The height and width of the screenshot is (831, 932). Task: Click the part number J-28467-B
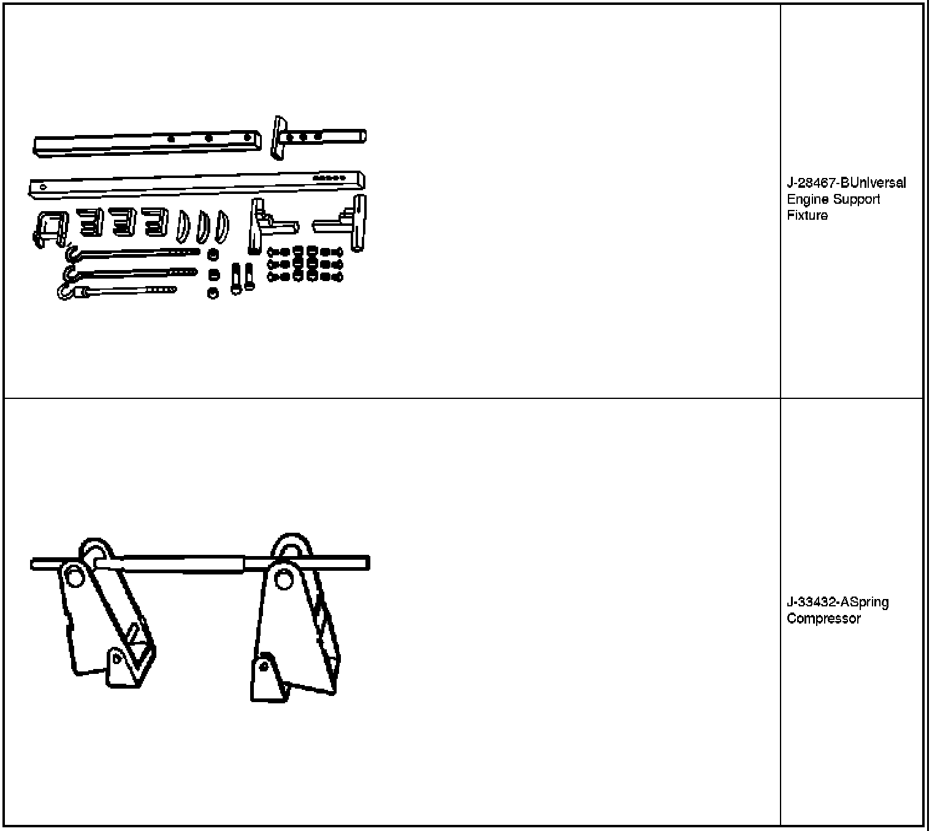click(x=813, y=183)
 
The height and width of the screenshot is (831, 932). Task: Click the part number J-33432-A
click(x=813, y=602)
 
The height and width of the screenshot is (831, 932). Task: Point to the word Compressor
click(x=823, y=619)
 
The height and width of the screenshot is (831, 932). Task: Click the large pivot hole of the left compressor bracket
click(x=75, y=576)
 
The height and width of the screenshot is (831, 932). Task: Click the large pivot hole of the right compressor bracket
click(x=283, y=578)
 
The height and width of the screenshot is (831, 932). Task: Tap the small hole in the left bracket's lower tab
click(x=116, y=659)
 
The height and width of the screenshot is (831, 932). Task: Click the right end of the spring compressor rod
click(x=366, y=563)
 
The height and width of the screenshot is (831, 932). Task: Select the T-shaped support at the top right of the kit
click(x=288, y=136)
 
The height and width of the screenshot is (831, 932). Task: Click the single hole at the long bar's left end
click(x=42, y=187)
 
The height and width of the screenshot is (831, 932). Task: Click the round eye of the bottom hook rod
click(x=64, y=293)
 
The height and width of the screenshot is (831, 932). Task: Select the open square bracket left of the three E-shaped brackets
click(x=50, y=228)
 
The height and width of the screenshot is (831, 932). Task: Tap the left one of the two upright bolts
click(x=236, y=278)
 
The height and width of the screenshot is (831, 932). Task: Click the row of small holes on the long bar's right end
click(x=329, y=178)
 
